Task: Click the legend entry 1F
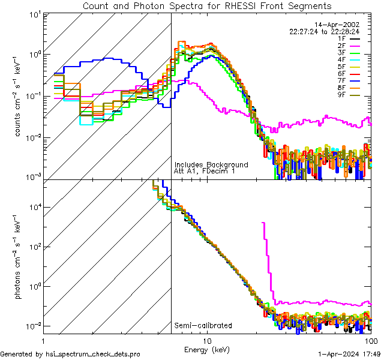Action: (342, 38)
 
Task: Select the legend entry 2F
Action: (342, 46)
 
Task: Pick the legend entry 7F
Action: (342, 80)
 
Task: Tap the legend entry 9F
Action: (342, 94)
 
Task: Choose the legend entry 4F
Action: (342, 59)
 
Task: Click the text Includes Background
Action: (211, 164)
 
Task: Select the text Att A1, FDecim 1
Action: (205, 171)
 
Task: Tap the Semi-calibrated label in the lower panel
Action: (203, 326)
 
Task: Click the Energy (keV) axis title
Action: (207, 350)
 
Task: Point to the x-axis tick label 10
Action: (207, 340)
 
